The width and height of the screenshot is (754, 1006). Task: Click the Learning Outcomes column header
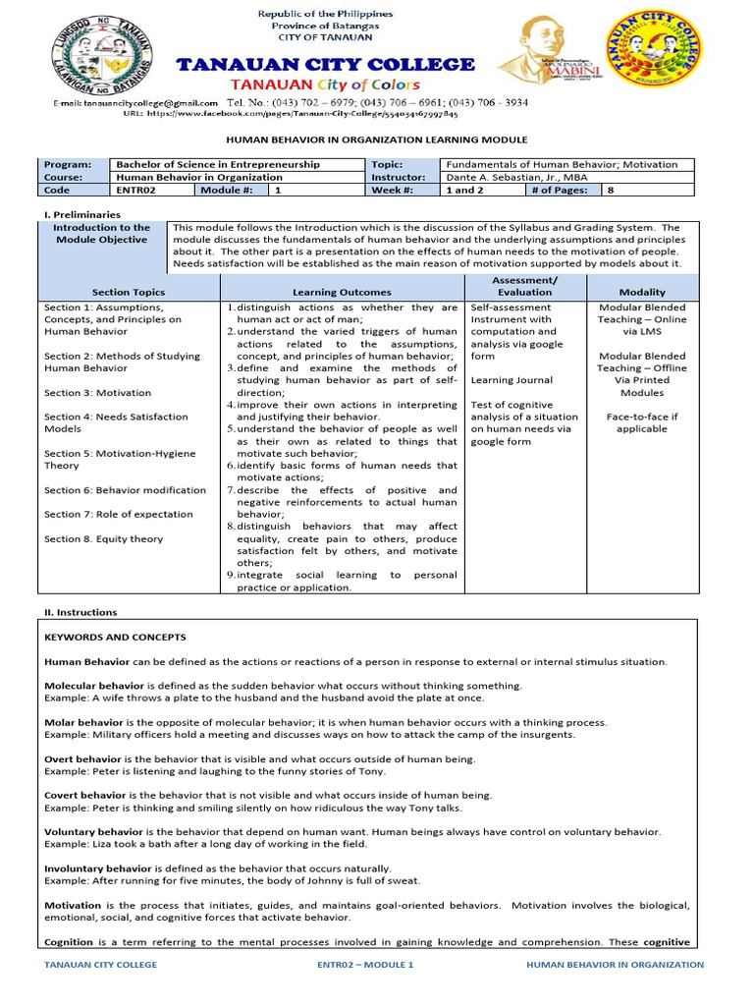click(342, 292)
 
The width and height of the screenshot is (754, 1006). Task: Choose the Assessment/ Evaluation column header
click(524, 286)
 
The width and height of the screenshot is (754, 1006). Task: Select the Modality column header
click(642, 292)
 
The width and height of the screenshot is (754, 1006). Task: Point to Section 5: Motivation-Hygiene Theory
click(120, 460)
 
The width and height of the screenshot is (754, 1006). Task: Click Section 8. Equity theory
click(104, 538)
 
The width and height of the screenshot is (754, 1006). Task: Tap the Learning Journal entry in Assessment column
click(512, 380)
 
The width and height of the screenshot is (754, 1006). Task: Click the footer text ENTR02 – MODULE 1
click(366, 965)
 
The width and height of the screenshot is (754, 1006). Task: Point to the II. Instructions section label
click(80, 611)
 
